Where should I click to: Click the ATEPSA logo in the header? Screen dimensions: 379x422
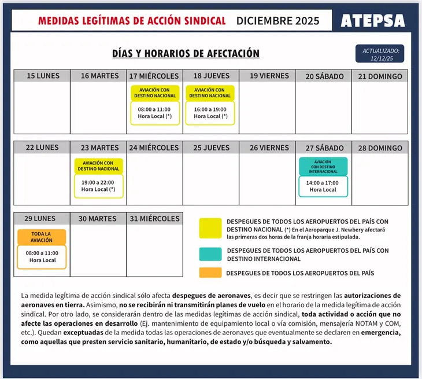(372, 21)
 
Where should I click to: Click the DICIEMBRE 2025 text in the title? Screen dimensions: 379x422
(277, 21)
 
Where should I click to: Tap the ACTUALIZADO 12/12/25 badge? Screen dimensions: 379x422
(380, 54)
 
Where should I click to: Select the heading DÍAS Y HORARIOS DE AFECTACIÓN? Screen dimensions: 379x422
(186, 54)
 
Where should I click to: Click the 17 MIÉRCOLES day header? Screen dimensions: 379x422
(155, 76)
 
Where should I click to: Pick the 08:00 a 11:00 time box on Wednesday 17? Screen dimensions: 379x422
(155, 112)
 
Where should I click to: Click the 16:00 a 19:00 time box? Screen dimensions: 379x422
(210, 112)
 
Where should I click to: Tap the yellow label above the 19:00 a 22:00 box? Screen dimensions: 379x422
(99, 166)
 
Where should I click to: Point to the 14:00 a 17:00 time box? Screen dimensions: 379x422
(323, 186)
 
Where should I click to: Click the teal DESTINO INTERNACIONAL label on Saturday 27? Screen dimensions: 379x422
(323, 167)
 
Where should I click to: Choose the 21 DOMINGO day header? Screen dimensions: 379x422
(380, 76)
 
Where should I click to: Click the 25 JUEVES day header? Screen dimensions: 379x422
(211, 148)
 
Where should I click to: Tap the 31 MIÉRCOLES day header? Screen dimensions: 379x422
(155, 219)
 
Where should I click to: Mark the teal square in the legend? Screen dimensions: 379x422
(210, 255)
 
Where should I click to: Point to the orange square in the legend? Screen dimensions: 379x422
(210, 273)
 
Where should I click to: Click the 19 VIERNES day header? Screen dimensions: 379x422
(267, 76)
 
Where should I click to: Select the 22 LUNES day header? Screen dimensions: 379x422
(42, 148)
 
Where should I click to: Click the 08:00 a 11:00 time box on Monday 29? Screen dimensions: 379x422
(42, 256)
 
